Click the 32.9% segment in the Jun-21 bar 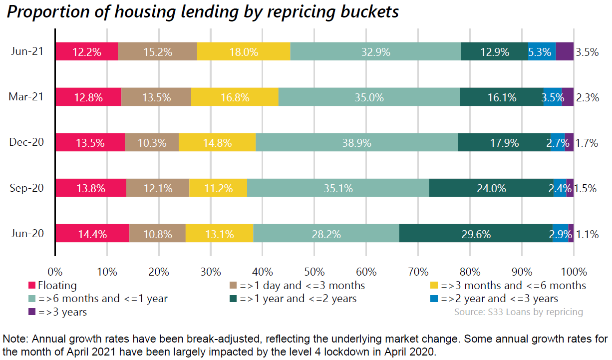tap(375, 52)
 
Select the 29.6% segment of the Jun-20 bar tap(476, 234)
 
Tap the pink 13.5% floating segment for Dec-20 tap(90, 143)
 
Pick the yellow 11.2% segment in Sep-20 tap(218, 188)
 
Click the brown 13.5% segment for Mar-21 tap(156, 97)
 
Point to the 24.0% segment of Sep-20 tap(491, 188)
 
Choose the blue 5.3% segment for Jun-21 tap(542, 52)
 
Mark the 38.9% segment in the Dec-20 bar tap(356, 143)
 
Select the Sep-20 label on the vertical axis tap(26, 188)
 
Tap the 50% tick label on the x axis tap(314, 272)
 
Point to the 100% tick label tap(574, 272)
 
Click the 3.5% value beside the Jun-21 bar tap(587, 52)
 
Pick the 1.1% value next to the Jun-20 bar tap(587, 234)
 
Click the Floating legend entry tap(57, 286)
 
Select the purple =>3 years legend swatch tap(32, 312)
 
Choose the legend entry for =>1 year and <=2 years tap(298, 299)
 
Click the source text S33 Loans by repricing tap(518, 312)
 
